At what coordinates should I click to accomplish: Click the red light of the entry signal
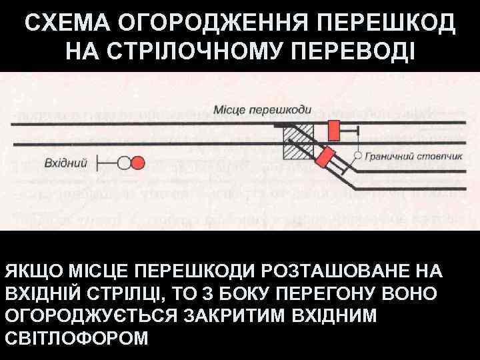pos(137,162)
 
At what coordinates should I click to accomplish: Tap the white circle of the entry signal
pos(124,162)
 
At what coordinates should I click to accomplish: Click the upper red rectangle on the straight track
pos(331,130)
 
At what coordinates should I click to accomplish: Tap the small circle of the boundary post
pos(358,155)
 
